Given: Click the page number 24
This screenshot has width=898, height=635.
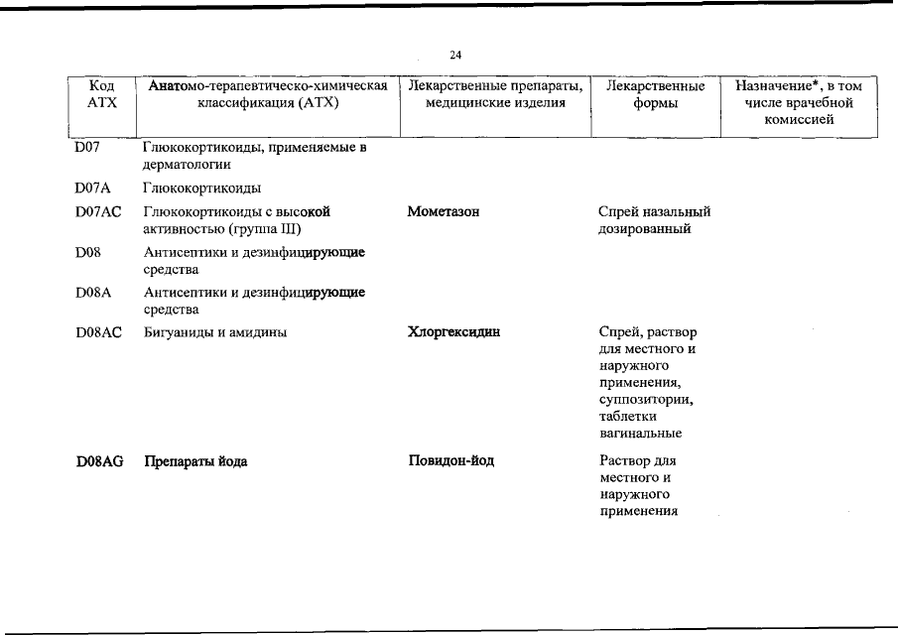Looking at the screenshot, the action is tap(455, 55).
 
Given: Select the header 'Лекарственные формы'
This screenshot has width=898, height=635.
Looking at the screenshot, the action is tap(655, 94).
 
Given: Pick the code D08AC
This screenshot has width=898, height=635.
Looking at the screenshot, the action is tap(98, 332).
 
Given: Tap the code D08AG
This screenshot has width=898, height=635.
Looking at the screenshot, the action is tap(99, 461).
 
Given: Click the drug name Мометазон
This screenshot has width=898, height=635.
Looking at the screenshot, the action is tap(445, 211).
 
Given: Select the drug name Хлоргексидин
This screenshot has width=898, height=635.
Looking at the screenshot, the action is tap(453, 332).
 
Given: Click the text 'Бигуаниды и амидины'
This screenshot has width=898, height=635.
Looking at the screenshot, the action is tap(215, 332).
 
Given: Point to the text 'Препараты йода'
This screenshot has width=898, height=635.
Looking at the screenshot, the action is tap(196, 461).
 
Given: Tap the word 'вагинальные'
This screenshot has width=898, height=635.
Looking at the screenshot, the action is tap(640, 434).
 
